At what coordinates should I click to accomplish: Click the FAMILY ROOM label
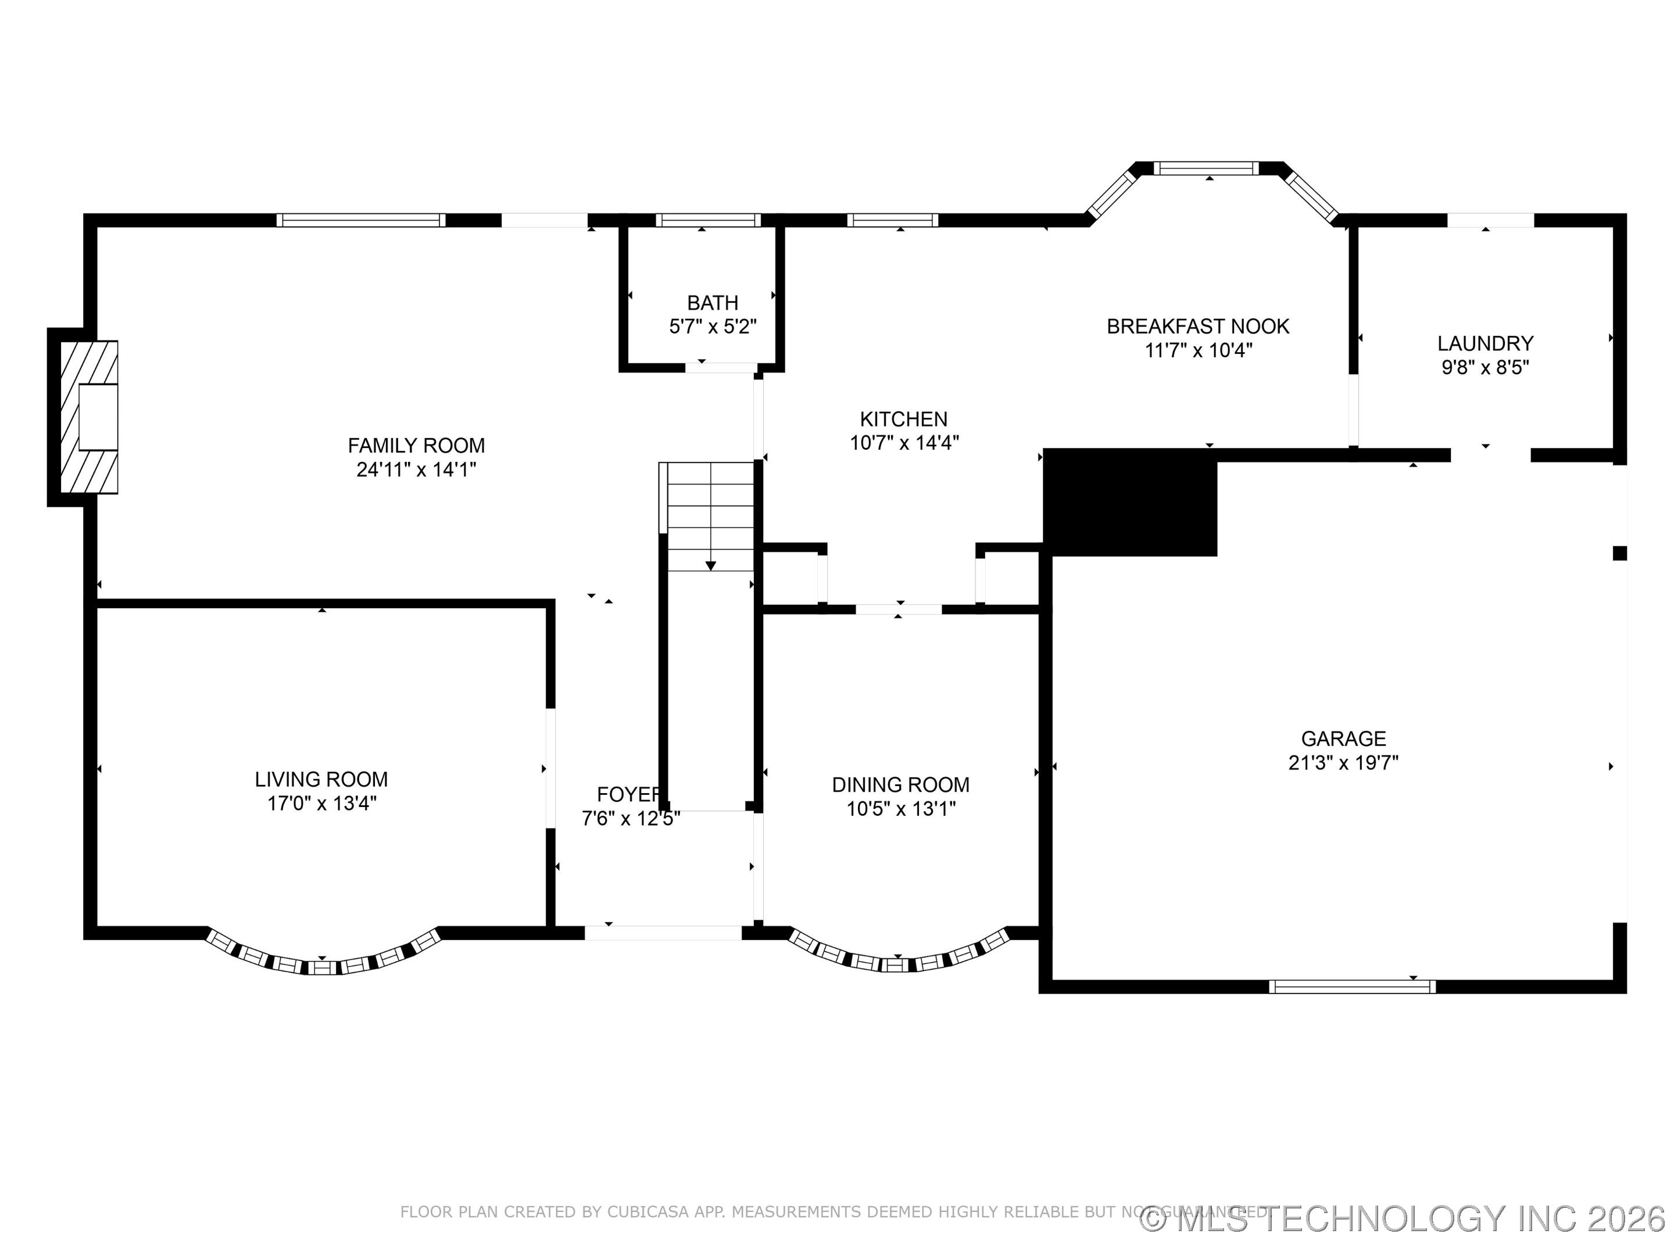click(x=416, y=446)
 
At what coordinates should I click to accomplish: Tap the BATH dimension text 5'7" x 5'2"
click(x=712, y=327)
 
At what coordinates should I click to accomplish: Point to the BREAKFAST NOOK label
click(x=1197, y=327)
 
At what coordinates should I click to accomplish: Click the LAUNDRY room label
click(x=1485, y=343)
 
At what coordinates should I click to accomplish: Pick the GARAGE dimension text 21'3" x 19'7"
click(x=1343, y=762)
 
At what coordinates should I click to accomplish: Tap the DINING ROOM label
click(x=900, y=784)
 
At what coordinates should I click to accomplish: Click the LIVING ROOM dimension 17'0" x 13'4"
click(x=321, y=804)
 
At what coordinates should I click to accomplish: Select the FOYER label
click(x=628, y=794)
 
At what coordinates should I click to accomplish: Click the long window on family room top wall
click(x=360, y=220)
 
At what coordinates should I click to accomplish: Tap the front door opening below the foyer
click(x=663, y=933)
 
